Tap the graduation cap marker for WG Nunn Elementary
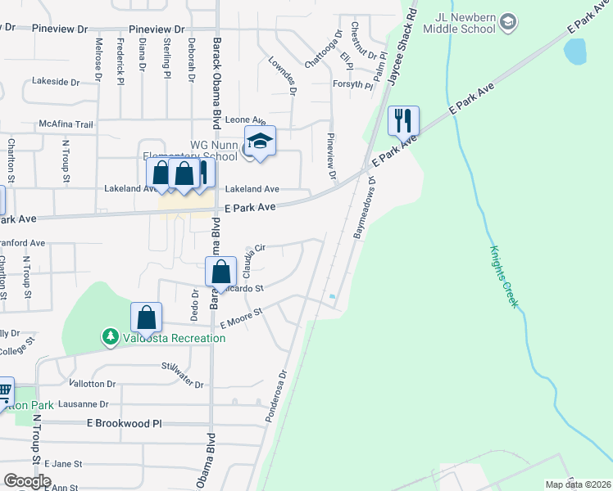click(260, 142)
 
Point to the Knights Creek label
click(504, 276)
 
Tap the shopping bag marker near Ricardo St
click(220, 272)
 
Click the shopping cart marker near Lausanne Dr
click(4, 390)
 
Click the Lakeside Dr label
click(56, 82)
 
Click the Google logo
click(27, 480)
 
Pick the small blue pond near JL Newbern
click(575, 52)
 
